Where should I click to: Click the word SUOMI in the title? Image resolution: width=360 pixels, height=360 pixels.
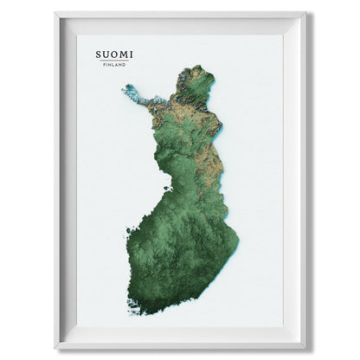[115, 54]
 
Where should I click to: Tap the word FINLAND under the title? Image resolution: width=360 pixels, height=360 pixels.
[115, 65]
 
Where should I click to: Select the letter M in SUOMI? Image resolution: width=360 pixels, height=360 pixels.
[124, 54]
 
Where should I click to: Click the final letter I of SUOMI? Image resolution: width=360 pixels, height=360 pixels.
[132, 54]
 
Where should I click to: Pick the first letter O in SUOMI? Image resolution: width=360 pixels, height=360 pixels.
[115, 54]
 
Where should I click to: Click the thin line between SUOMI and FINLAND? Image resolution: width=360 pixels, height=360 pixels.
[115, 61]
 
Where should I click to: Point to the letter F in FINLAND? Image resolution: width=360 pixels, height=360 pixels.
[105, 65]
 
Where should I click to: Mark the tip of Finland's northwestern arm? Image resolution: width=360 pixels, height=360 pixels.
[124, 87]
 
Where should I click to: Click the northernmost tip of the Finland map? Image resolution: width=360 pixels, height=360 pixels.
[201, 66]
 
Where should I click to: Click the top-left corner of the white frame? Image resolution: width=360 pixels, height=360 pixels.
[56, 13]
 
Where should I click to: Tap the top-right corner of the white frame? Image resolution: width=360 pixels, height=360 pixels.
[305, 13]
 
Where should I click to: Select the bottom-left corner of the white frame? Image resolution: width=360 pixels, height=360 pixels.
[56, 347]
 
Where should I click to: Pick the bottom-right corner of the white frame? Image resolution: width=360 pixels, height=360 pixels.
[305, 347]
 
